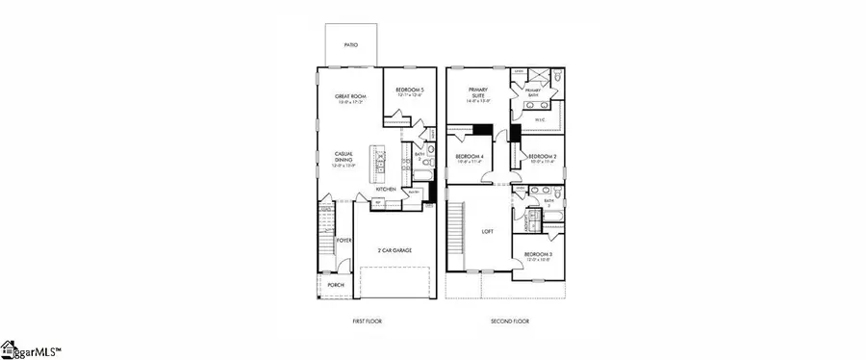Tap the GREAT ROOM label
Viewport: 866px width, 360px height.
pos(347,96)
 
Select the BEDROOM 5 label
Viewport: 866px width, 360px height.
pos(409,90)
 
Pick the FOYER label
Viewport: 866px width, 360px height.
pos(344,240)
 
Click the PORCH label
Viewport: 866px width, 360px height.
pos(336,285)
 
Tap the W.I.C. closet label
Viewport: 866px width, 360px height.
pos(541,120)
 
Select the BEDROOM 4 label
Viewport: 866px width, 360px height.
pos(470,157)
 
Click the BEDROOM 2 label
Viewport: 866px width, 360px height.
pos(542,157)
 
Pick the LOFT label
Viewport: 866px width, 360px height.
pos(487,231)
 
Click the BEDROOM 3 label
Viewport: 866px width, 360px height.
pos(536,255)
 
